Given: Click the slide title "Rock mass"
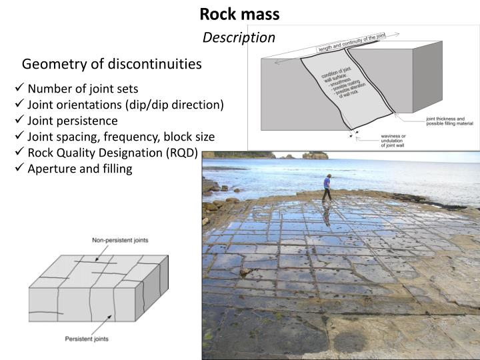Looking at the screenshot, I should coord(239,13).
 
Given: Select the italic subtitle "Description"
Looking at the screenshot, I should coord(239,37).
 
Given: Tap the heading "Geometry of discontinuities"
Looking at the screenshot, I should coord(111,64).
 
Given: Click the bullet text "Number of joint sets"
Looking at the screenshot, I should coord(83,89).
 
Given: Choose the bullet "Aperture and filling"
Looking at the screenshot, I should coord(79,168).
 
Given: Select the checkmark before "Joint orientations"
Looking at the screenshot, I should coord(19,105).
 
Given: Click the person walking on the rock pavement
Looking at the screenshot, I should coord(327,187).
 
